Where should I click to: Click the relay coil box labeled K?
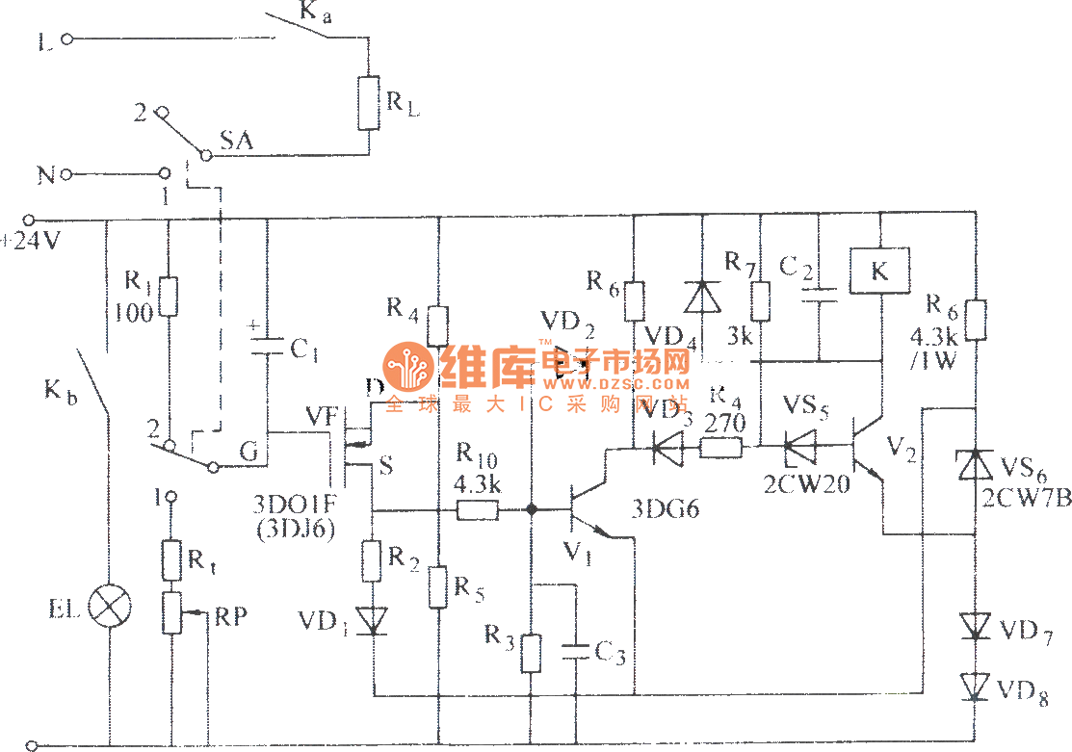click(880, 272)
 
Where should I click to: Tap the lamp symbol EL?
click(109, 607)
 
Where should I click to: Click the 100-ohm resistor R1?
click(169, 296)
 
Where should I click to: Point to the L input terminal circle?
click(67, 39)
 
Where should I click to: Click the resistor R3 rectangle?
click(531, 653)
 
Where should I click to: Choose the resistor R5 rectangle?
click(438, 587)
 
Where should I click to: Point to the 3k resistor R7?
click(761, 301)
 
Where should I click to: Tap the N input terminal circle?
click(67, 174)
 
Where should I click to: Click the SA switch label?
click(236, 141)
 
